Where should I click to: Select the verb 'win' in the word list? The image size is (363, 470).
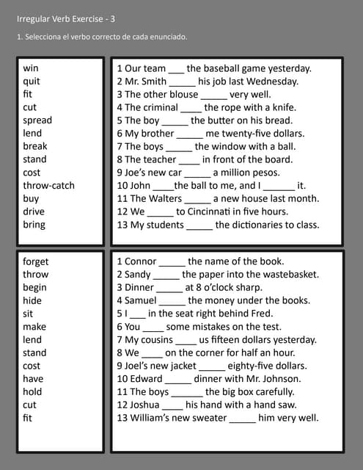pos(31,68)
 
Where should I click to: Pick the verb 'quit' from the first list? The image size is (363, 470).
pos(32,82)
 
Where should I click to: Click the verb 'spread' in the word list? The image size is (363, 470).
pos(37,120)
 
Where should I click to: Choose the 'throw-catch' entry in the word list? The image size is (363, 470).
pos(48,186)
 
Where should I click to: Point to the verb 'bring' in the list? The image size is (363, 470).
pos(34,225)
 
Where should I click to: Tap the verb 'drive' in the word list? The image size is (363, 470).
pos(34,211)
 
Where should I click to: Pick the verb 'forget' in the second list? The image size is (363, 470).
pos(36,261)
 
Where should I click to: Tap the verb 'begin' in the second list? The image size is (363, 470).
pos(34,287)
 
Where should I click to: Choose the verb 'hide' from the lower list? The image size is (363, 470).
pos(32,300)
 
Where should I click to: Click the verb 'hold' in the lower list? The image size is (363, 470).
pos(32,391)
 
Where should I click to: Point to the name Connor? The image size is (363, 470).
pos(140,261)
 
